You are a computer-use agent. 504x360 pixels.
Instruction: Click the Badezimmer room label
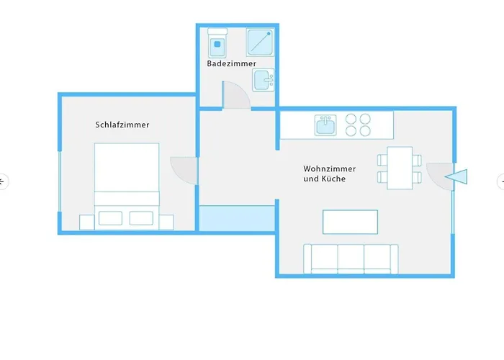[x=231, y=64]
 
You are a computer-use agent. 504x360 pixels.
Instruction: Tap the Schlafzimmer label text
[x=122, y=125]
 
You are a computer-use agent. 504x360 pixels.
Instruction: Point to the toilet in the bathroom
[x=216, y=45]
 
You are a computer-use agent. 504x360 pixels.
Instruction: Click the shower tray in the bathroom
[x=259, y=42]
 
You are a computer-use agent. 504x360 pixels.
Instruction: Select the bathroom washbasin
[x=264, y=79]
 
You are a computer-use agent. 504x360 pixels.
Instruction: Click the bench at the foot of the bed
[x=126, y=218]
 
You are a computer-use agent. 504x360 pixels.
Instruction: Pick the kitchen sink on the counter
[x=326, y=125]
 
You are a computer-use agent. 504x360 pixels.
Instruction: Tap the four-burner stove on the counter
[x=358, y=125]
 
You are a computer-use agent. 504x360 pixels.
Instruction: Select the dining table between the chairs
[x=400, y=168]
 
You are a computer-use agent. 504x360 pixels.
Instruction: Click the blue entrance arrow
[x=457, y=176]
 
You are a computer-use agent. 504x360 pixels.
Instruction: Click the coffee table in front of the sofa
[x=350, y=222]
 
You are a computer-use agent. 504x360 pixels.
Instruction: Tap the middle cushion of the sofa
[x=351, y=257]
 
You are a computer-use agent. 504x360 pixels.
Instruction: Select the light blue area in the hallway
[x=237, y=217]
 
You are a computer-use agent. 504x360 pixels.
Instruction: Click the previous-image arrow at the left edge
[x=3, y=181]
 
